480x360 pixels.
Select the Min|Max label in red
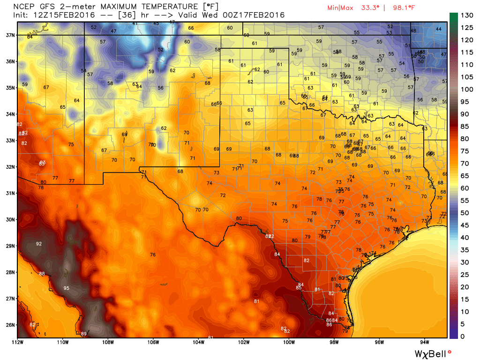[x=341, y=7]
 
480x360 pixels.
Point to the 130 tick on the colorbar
[x=466, y=15]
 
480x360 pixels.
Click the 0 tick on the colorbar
[x=463, y=336]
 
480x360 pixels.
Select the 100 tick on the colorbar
[x=466, y=90]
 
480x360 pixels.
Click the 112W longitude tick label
[x=18, y=342]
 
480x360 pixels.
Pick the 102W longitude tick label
[x=243, y=342]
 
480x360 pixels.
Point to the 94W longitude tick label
[x=425, y=342]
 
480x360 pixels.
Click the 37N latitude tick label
[x=9, y=35]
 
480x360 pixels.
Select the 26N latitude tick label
[x=9, y=325]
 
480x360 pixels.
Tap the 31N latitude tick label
[x=9, y=193]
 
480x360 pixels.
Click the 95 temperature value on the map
[x=67, y=288]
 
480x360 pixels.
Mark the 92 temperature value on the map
[x=39, y=244]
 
